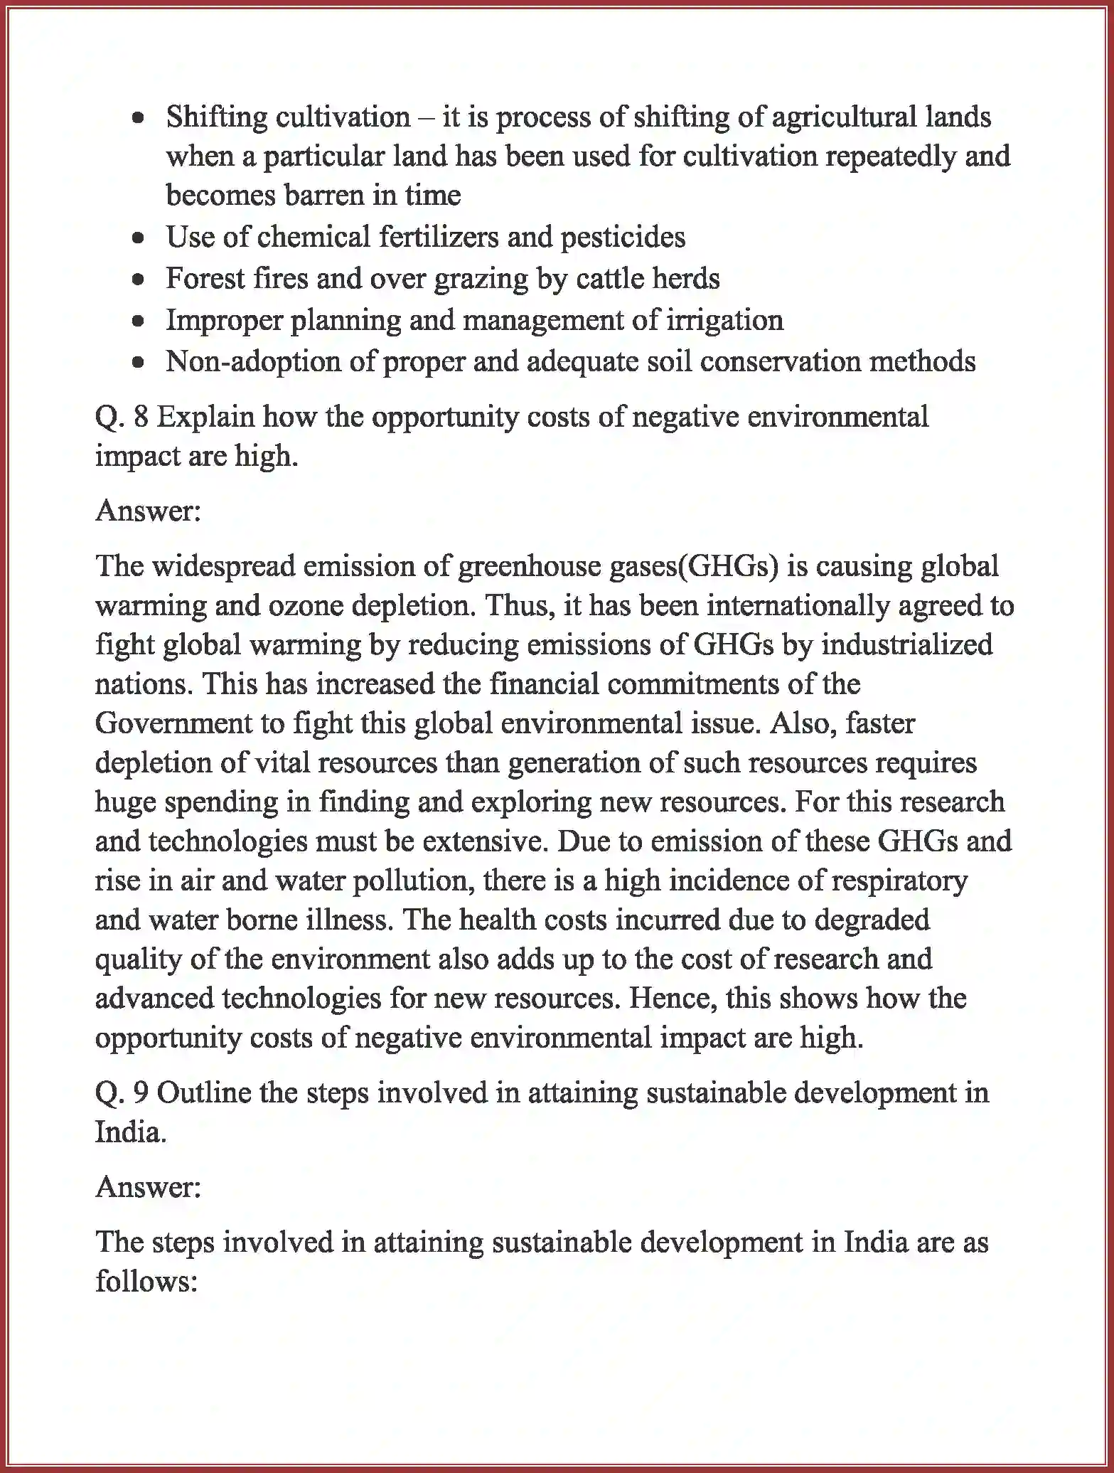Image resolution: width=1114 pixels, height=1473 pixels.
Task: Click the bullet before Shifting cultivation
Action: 139,118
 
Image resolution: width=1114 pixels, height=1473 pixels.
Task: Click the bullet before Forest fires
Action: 139,280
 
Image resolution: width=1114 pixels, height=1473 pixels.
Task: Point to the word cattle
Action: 611,278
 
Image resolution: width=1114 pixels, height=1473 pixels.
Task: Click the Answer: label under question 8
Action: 149,511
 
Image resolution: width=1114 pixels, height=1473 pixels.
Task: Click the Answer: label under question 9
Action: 149,1186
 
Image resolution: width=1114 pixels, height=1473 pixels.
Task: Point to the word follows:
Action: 146,1282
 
